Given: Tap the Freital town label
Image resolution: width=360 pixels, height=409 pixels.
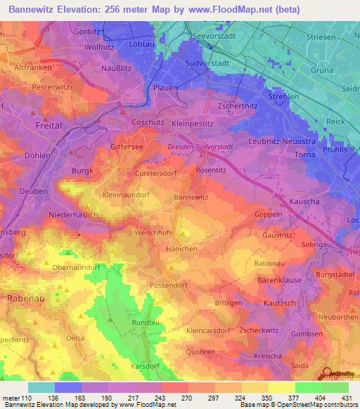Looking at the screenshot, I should tap(49, 126).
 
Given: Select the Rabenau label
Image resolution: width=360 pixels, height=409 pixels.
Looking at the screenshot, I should tap(26, 299).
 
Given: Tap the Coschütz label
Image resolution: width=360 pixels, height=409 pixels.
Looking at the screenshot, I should tap(148, 122).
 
